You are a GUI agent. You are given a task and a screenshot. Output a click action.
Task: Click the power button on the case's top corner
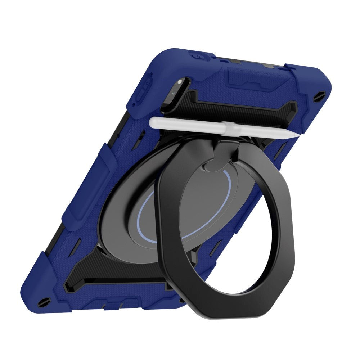(197, 57)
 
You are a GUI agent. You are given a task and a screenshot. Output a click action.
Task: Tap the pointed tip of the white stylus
(297, 134)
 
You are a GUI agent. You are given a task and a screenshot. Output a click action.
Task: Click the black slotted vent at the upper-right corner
(321, 95)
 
